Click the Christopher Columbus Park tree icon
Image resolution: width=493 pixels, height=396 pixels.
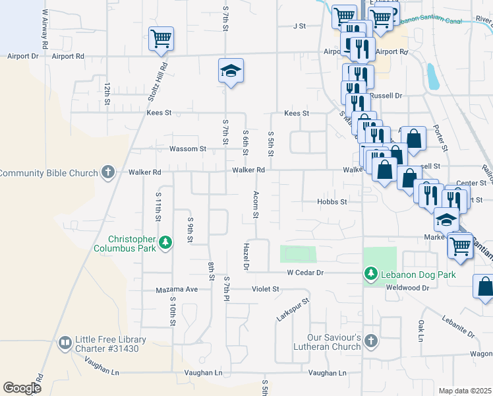165,244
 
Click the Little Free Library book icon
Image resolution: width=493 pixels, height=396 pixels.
65,343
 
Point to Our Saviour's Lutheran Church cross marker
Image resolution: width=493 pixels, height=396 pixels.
371,341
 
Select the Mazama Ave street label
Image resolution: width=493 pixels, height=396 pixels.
177,290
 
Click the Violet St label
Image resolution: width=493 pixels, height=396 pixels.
266,289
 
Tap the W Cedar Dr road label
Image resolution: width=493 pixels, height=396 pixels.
305,272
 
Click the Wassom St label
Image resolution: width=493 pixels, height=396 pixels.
188,149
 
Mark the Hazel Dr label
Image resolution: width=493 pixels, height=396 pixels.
245,256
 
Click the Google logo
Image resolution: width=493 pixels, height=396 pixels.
22,388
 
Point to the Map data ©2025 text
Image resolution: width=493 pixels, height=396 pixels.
465,391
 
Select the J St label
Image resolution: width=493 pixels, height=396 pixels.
300,26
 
